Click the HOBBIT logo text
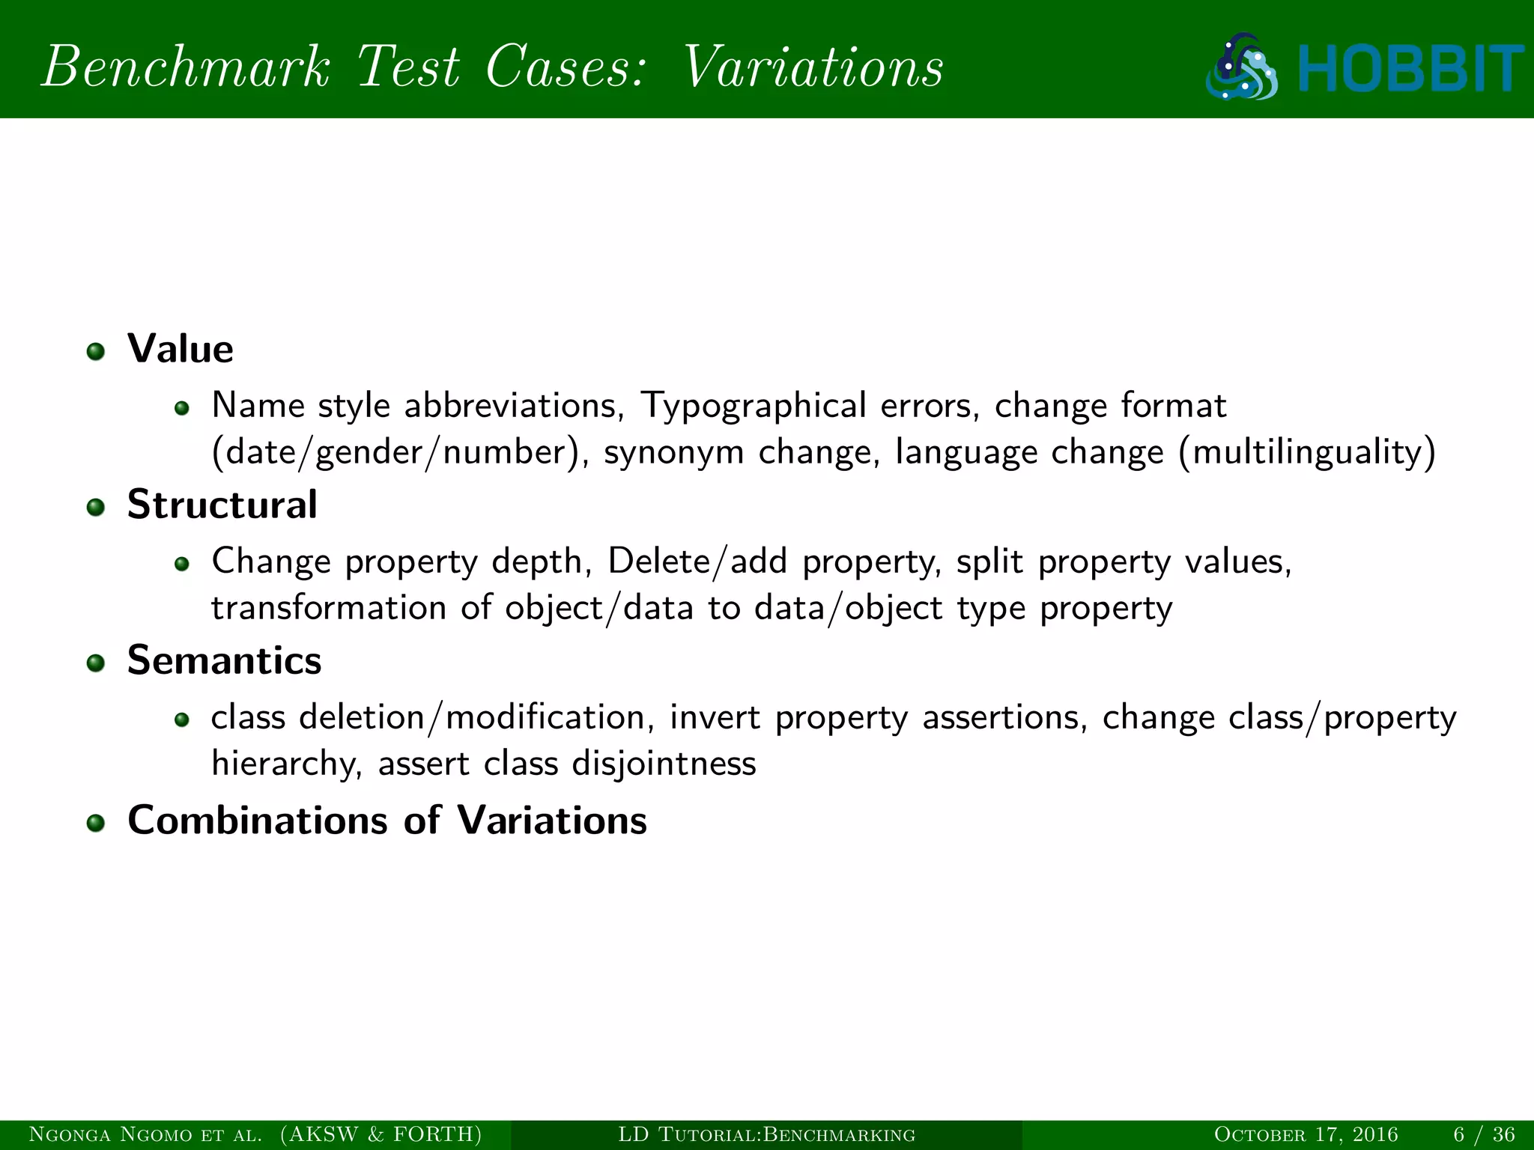(1410, 69)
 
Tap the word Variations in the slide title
(813, 67)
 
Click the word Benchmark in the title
(185, 67)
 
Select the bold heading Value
(181, 349)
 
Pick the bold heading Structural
(222, 505)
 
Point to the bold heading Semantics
(225, 660)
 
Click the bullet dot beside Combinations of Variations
(95, 824)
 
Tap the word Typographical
(753, 407)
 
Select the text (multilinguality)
(1307, 452)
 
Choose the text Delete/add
(697, 562)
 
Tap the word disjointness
(664, 764)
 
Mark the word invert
(715, 717)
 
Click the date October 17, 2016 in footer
(1306, 1134)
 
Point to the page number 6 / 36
(1484, 1134)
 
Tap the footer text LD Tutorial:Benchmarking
(766, 1134)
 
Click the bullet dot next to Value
(95, 352)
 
